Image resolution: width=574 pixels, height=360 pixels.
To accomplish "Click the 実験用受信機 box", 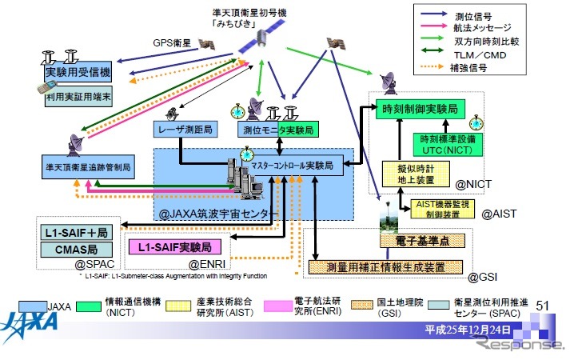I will point(78,72).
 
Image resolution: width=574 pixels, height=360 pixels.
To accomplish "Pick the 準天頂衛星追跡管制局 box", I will point(88,169).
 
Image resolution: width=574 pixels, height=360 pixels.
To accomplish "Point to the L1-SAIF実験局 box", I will point(175,246).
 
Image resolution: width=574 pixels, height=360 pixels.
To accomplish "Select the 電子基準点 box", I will point(420,239).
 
